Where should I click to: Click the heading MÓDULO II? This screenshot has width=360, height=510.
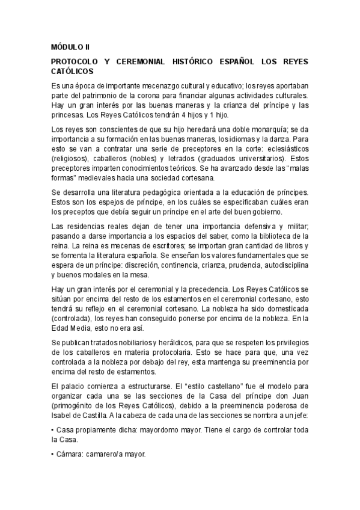pos(70,45)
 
